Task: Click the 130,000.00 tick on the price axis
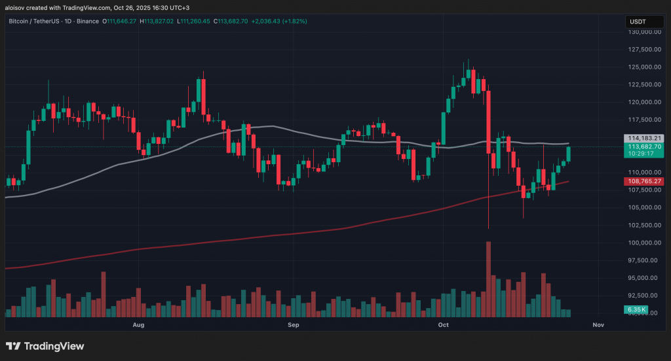(x=643, y=31)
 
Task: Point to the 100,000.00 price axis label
(x=643, y=243)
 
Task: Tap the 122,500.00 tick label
(x=643, y=84)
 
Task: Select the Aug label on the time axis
(x=138, y=324)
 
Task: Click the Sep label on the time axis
(x=293, y=324)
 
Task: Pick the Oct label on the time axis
(x=443, y=324)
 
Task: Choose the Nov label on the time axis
(x=598, y=324)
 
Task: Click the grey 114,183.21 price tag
(x=645, y=138)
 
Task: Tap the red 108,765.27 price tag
(x=645, y=180)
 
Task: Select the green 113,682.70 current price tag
(x=645, y=147)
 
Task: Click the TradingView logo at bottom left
(x=45, y=346)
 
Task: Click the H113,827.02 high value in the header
(x=157, y=21)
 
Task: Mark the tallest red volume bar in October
(x=488, y=279)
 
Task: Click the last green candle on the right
(x=568, y=154)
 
